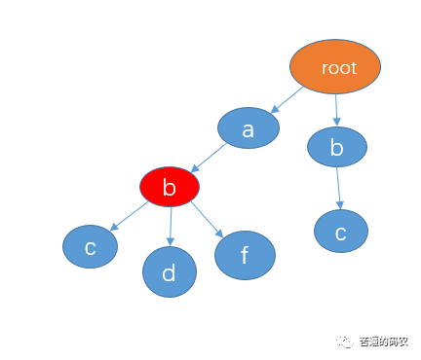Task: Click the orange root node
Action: coord(335,67)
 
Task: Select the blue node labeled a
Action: coord(249,127)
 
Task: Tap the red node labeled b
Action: coord(170,187)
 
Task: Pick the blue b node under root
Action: coord(337,147)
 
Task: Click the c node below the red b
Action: coord(90,246)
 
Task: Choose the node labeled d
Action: coord(170,271)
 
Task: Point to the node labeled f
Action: coord(245,255)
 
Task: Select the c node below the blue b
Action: coord(341,231)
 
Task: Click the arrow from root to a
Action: coord(287,100)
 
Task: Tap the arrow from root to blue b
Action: coord(336,110)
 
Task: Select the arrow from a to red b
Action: coord(209,158)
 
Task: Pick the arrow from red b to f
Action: coord(208,219)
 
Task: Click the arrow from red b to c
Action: coord(130,216)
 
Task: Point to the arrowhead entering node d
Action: coord(171,241)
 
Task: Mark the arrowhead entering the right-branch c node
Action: coord(340,205)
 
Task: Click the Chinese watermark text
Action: coord(383,342)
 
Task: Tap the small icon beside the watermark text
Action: coord(345,342)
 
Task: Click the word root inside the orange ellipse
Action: coord(339,68)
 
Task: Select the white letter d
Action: coord(169,272)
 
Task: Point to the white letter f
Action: coord(245,255)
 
